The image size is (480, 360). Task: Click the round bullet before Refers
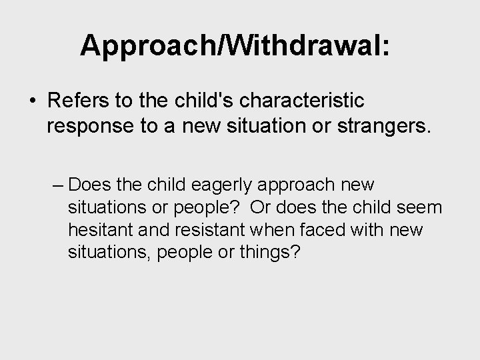point(33,101)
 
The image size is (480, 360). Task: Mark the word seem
point(419,208)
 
